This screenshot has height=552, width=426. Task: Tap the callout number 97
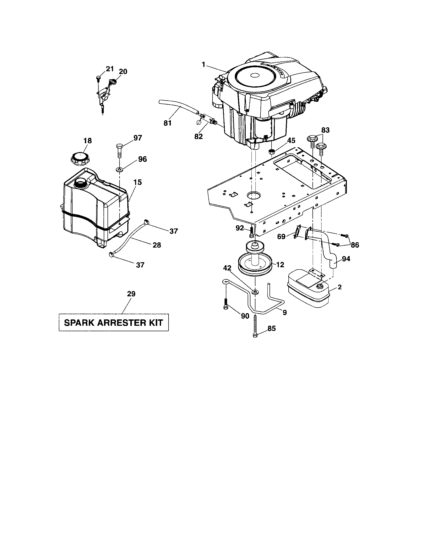(x=138, y=138)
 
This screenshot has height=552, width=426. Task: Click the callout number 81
(x=168, y=123)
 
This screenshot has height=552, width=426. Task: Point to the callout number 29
(x=131, y=294)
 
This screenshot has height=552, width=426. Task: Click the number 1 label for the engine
(x=203, y=64)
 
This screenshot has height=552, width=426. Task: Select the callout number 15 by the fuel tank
(x=138, y=182)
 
